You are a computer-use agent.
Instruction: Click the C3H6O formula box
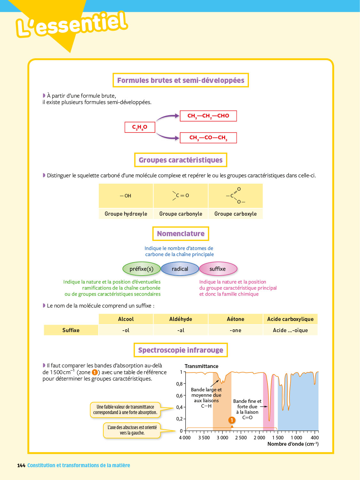[140, 127]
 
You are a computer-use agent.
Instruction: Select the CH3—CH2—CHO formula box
[208, 116]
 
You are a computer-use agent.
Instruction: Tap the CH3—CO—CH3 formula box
[208, 138]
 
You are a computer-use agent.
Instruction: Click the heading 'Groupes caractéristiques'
[180, 160]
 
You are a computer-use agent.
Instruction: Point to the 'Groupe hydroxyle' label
[126, 214]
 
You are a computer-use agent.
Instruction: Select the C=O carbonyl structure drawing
[181, 196]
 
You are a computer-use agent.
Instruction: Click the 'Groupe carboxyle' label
[236, 214]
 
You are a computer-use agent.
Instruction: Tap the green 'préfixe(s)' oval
[141, 269]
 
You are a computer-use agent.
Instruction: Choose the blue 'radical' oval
[180, 269]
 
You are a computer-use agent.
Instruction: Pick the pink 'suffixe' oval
[218, 269]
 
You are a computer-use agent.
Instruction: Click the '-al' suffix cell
[181, 330]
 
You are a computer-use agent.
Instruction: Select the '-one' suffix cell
[236, 330]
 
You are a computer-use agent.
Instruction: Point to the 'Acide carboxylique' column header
[290, 319]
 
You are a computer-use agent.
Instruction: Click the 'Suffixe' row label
[71, 330]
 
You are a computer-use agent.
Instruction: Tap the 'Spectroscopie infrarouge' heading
[180, 350]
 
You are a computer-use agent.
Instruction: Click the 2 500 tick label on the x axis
[241, 438]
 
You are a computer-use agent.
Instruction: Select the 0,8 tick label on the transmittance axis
[179, 384]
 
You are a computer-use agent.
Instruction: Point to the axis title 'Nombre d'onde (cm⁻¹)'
[293, 444]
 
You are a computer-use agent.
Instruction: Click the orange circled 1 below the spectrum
[232, 420]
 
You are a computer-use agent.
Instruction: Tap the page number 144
[21, 465]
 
